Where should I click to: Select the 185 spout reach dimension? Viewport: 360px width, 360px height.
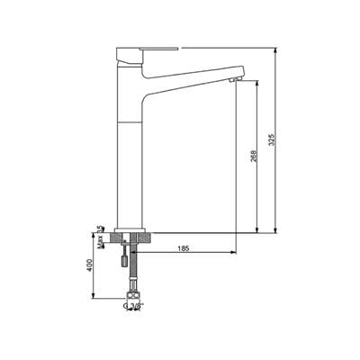pos(183,247)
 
